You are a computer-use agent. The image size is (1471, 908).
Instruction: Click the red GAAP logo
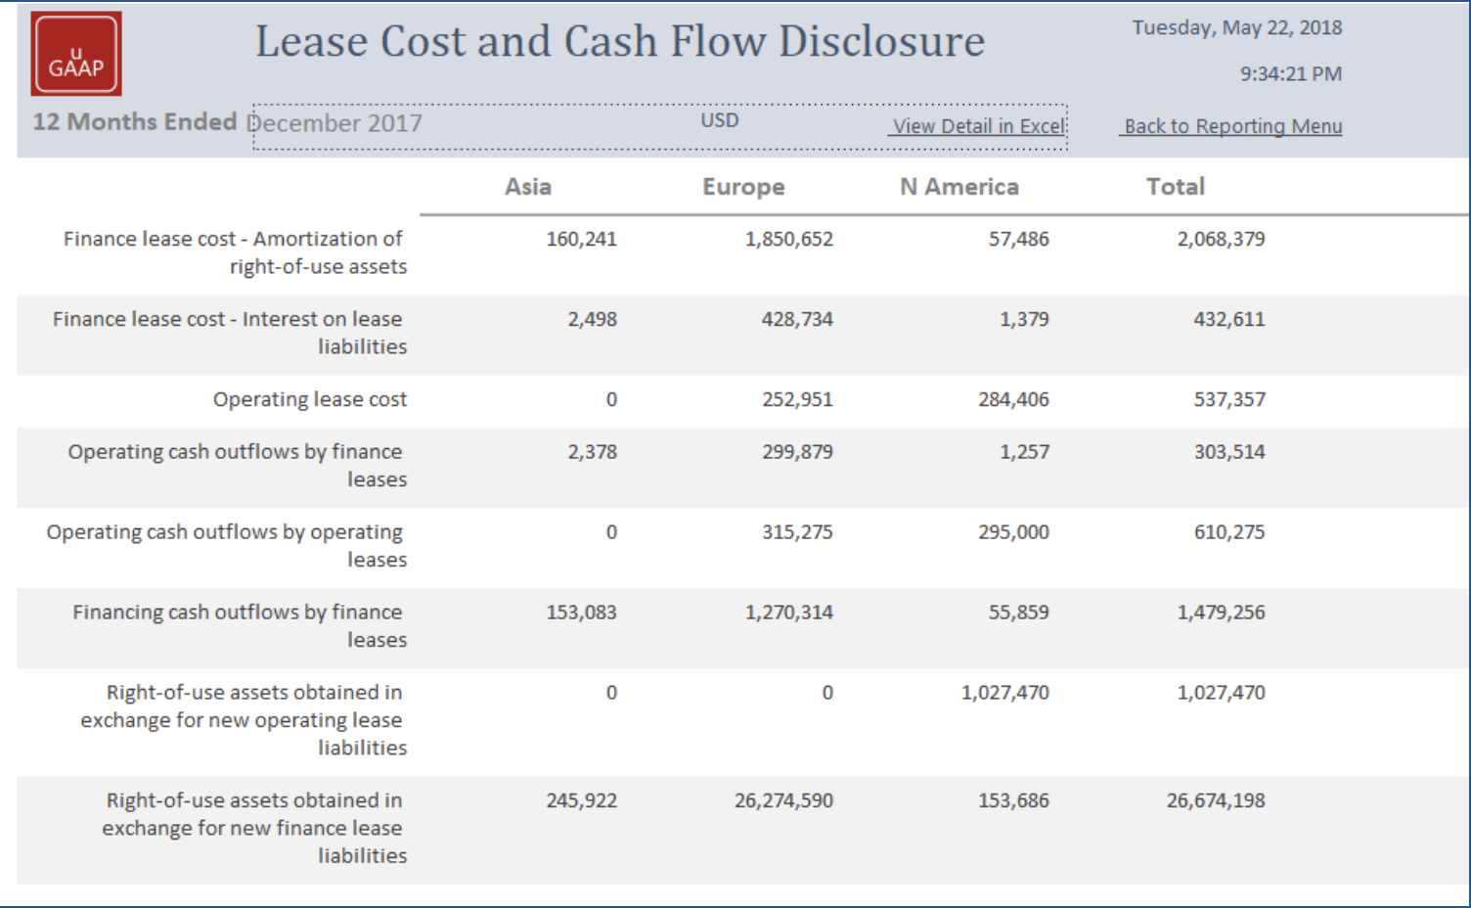coord(76,54)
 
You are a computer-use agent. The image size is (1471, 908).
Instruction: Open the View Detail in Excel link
coord(978,126)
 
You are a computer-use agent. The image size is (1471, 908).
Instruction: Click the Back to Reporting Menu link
coord(1232,126)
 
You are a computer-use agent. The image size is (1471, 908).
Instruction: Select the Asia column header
coord(528,187)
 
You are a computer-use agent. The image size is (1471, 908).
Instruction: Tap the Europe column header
coord(743,187)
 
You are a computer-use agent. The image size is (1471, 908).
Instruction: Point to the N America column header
coord(958,187)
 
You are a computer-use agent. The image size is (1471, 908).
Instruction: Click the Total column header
coord(1175,187)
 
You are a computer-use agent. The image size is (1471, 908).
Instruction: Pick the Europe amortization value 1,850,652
coord(788,239)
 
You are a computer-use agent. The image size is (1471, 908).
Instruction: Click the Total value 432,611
coord(1228,319)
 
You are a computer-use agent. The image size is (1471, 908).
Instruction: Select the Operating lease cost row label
coord(309,399)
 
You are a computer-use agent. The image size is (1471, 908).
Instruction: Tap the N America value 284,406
coord(1013,399)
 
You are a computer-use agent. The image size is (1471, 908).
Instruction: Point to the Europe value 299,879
coord(797,452)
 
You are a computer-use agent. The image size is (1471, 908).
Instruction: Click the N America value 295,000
coord(1013,532)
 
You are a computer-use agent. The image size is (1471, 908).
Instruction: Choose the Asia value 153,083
coord(581,613)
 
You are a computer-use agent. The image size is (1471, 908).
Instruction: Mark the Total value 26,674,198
coord(1215,800)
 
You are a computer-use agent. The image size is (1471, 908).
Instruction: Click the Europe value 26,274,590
coord(783,800)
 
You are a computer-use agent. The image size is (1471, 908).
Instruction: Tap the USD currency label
coord(719,120)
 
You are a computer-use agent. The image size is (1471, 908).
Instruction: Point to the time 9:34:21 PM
coord(1290,74)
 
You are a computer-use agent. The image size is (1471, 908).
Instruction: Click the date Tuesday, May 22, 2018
coord(1236,27)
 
